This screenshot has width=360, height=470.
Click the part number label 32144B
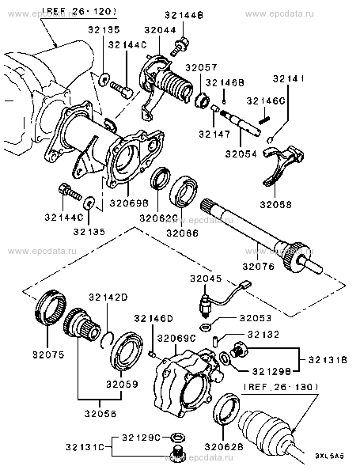point(184,15)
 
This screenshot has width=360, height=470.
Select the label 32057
point(201,67)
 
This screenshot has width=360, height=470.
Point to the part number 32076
point(258,266)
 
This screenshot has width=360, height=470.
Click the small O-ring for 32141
point(270,139)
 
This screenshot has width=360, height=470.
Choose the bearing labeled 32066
point(183,191)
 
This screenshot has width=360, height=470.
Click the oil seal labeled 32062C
point(161,179)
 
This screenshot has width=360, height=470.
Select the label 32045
point(206,279)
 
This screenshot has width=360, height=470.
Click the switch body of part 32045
point(206,306)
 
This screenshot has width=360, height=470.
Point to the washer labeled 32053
point(205,327)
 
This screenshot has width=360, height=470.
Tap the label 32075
point(48,355)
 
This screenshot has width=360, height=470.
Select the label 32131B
point(328,359)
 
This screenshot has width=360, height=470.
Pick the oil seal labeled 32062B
point(226,409)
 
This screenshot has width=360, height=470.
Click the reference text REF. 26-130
point(280,387)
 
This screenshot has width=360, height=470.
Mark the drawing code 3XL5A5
point(328,456)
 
